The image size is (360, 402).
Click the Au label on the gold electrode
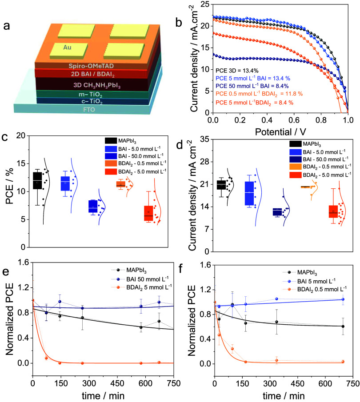click(67, 48)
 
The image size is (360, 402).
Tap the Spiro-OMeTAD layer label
click(91, 66)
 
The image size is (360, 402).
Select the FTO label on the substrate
click(89, 110)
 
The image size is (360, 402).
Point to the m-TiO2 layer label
click(91, 95)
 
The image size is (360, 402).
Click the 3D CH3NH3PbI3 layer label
click(97, 85)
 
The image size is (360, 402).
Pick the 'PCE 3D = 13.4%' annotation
click(237, 71)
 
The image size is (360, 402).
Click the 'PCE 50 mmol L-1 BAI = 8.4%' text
click(252, 86)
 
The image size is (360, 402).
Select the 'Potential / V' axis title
click(280, 132)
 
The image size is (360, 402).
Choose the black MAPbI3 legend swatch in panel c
click(111, 140)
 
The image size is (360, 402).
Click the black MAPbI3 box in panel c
click(37, 181)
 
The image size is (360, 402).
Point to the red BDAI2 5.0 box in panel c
click(148, 213)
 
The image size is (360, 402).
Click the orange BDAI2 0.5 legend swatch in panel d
click(296, 167)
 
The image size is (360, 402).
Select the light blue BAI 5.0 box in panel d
click(249, 193)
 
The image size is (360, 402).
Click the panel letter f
click(180, 269)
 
